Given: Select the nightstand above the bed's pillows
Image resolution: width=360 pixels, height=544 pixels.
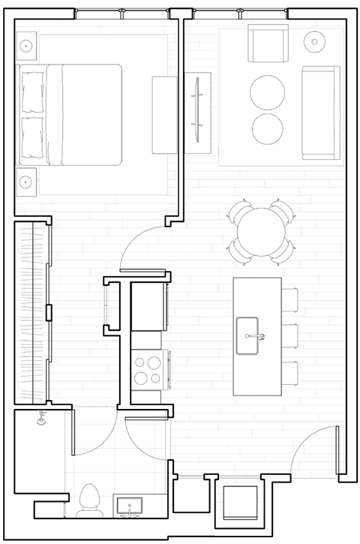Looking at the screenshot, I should (27, 45).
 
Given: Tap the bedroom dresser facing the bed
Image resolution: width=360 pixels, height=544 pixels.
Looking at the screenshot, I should (163, 114).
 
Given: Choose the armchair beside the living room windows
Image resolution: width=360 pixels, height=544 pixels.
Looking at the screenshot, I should (268, 44).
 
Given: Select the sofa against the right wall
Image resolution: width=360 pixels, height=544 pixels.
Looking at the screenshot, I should (321, 113).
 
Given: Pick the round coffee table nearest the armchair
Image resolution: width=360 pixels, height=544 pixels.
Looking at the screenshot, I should (268, 92).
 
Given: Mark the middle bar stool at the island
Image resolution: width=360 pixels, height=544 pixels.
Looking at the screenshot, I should (290, 336).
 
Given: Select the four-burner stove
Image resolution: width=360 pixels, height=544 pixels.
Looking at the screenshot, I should (148, 370).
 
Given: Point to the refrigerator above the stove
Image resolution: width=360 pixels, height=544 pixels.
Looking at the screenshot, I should (148, 306).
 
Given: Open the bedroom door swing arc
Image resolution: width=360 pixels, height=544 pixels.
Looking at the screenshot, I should (142, 248).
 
